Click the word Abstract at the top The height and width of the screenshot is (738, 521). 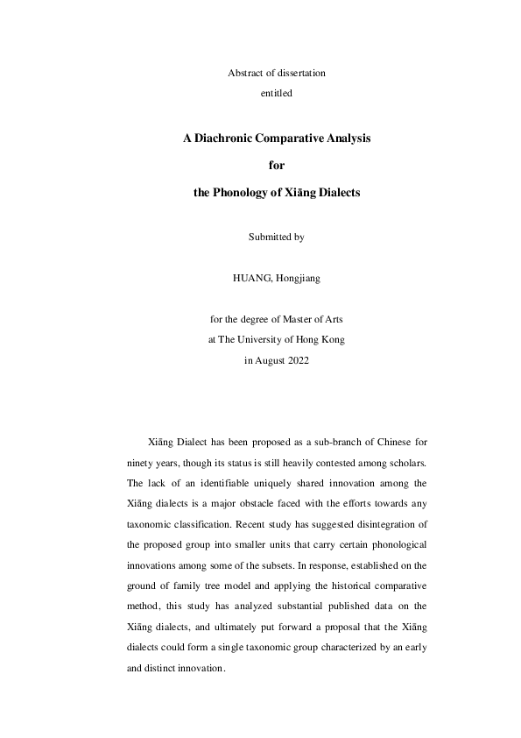[243, 72]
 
